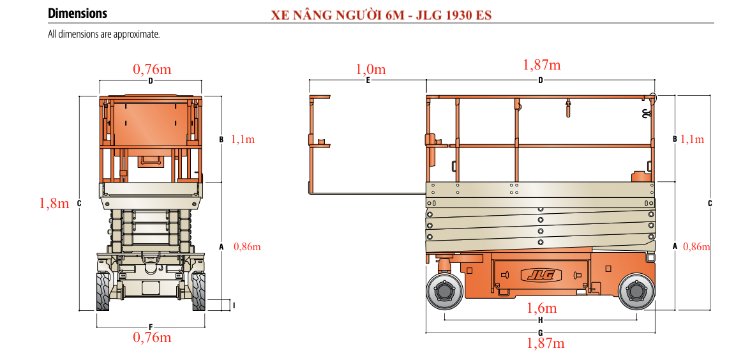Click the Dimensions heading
point(78,13)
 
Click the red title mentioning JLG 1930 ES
point(382,15)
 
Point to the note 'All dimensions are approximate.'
point(104,34)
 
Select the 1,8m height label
point(54,203)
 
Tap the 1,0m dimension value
point(371,70)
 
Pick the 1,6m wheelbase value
point(542,308)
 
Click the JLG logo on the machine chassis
point(541,275)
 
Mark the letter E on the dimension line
point(368,80)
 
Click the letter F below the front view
point(151,327)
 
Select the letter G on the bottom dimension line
point(541,333)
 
